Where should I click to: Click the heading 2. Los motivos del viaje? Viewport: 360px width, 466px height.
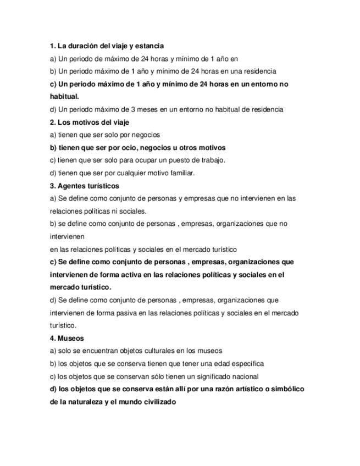[x=90, y=122]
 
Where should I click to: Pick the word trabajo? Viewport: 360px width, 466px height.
[x=212, y=160]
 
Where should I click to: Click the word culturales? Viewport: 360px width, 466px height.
[x=149, y=351]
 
